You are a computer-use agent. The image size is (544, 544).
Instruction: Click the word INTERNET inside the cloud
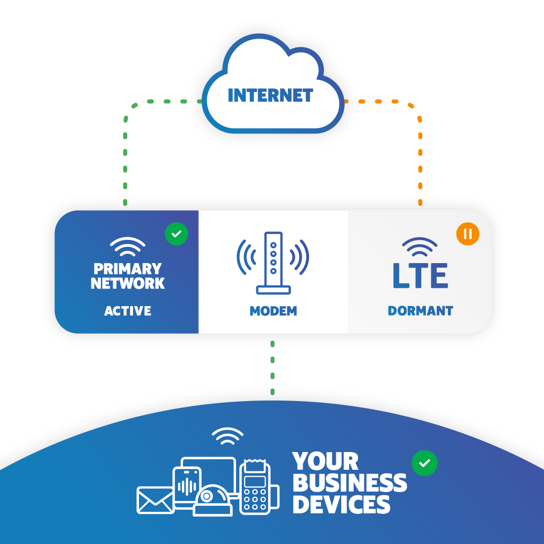(x=270, y=95)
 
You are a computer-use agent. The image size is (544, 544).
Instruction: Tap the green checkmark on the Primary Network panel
(x=177, y=233)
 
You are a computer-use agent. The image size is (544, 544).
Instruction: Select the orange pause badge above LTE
(x=468, y=233)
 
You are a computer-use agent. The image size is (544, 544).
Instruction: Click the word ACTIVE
(x=128, y=311)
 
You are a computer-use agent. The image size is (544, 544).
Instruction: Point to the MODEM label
(x=273, y=311)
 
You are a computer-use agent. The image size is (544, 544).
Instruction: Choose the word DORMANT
(x=420, y=311)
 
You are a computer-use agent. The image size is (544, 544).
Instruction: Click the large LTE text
(x=420, y=275)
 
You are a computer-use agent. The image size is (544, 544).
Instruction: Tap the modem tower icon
(x=273, y=262)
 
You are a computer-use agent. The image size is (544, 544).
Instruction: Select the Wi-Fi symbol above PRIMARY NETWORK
(x=128, y=246)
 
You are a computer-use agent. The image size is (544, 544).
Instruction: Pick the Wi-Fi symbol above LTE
(x=420, y=246)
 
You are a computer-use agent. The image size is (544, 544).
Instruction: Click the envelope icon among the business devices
(x=155, y=500)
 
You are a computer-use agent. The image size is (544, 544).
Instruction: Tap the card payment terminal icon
(x=256, y=487)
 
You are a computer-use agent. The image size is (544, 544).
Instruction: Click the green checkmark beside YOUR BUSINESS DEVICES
(x=424, y=463)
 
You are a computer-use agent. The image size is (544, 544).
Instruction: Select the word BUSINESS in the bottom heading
(x=350, y=483)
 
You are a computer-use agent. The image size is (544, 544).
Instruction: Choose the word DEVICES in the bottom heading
(x=341, y=505)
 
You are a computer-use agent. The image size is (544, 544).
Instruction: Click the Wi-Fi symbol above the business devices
(x=227, y=435)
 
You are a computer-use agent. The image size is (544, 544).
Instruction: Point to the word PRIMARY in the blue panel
(x=128, y=269)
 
